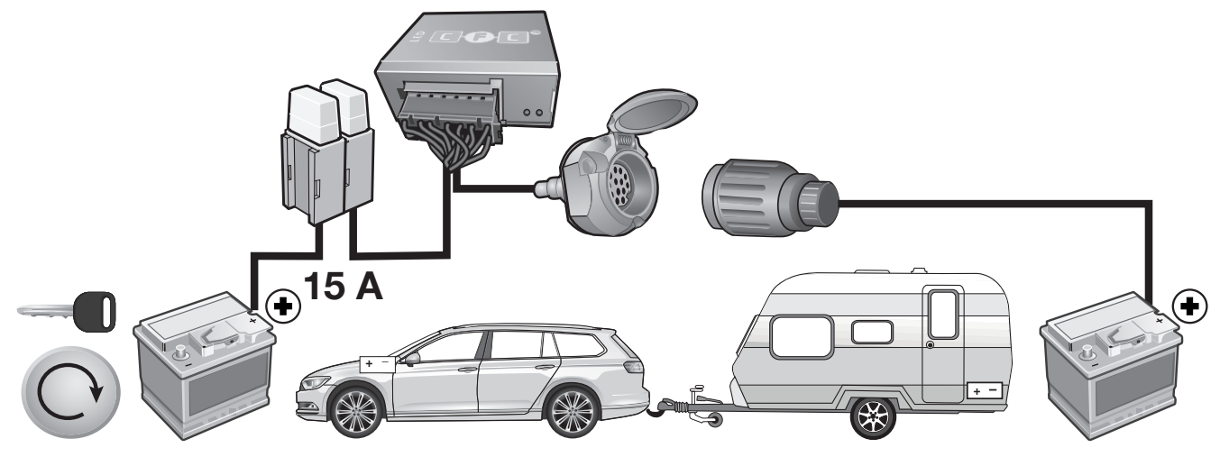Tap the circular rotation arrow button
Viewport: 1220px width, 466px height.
70,392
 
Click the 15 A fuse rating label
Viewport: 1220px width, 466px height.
343,287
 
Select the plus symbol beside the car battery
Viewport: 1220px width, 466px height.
282,306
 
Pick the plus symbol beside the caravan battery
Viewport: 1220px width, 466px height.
1189,306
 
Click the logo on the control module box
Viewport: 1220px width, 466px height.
480,37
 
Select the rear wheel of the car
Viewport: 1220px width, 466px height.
572,412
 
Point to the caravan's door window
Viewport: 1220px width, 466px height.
944,314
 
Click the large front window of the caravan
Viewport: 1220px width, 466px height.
802,336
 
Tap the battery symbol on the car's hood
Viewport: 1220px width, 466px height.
378,363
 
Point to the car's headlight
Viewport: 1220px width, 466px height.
316,383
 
